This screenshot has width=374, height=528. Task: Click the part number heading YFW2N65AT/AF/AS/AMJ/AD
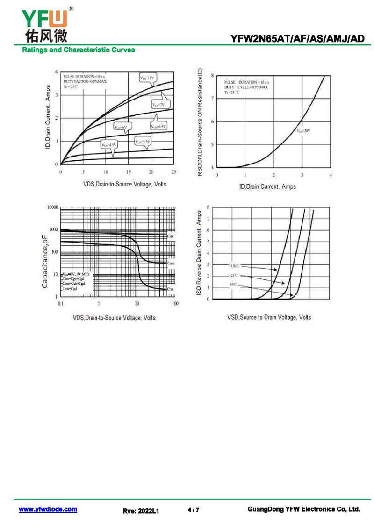tap(297, 39)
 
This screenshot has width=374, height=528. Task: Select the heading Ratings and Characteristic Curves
tap(79, 50)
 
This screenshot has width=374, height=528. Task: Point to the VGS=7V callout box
tap(159, 105)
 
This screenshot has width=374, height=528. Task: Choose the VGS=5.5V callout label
tap(143, 141)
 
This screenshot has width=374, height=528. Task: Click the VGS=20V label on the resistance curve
tap(303, 131)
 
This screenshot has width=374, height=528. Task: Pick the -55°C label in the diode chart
tap(233, 284)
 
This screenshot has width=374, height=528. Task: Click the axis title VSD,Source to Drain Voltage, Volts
tap(269, 317)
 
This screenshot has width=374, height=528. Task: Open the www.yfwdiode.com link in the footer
tap(48, 509)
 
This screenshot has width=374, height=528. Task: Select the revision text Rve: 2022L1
tap(141, 511)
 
